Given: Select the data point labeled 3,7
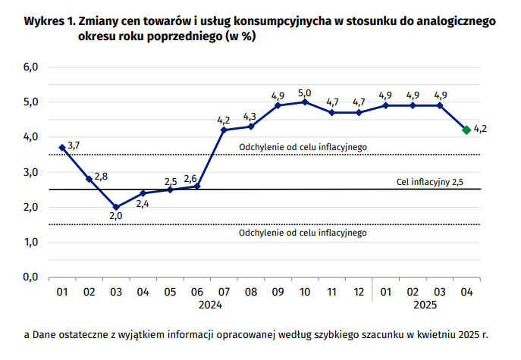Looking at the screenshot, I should pos(62,147).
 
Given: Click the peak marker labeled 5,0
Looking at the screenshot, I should pos(305,102).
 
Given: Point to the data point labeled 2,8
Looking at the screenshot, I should pos(89,179).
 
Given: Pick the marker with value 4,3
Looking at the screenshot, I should pos(251,126).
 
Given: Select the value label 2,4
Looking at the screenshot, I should pos(143,203).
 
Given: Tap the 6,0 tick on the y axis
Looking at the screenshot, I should pos(32,67).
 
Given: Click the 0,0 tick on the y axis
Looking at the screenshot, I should pos(32,277).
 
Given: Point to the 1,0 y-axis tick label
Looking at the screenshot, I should pos(32,242).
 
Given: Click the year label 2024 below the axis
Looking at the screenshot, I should pos(210,305).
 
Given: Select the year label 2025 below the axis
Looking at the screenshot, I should pos(425,305).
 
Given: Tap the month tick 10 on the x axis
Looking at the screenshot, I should pos(305,291).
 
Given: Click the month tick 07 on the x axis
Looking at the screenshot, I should pos(224,291).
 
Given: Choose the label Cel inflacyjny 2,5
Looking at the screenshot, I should pos(430,182).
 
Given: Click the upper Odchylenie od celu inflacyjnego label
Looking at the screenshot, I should pos(303,147).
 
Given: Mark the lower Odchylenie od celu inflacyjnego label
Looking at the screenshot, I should pos(303,233).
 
